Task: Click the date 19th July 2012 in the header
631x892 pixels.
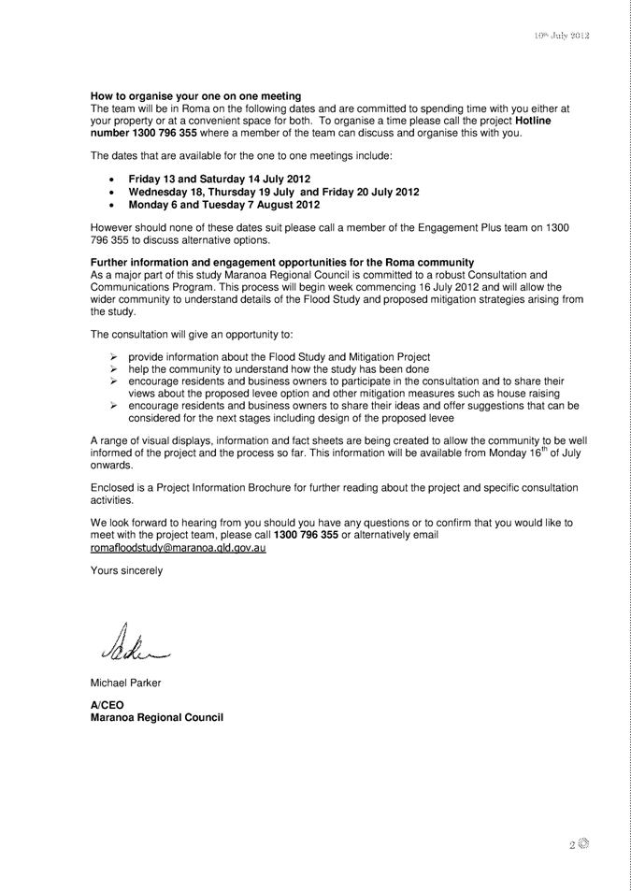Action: click(561, 36)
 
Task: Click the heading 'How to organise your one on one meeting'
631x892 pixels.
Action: click(195, 96)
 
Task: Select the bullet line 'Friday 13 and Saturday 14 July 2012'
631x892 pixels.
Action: click(219, 179)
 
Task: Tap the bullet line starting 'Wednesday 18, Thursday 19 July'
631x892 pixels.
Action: click(273, 192)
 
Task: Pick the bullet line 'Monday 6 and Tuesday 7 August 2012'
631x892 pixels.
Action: click(223, 204)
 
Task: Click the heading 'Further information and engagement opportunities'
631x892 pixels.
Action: click(281, 261)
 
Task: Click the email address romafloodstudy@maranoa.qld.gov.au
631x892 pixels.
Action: click(179, 548)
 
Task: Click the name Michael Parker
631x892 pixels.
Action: click(125, 683)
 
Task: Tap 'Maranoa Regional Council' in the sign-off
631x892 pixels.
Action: click(156, 718)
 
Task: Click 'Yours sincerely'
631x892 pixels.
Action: click(126, 570)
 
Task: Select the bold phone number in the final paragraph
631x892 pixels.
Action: click(306, 535)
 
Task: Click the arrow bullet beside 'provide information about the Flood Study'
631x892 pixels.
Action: click(112, 357)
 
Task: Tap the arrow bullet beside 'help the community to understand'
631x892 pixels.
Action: click(112, 369)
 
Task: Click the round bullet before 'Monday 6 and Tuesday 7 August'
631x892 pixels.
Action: click(112, 205)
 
